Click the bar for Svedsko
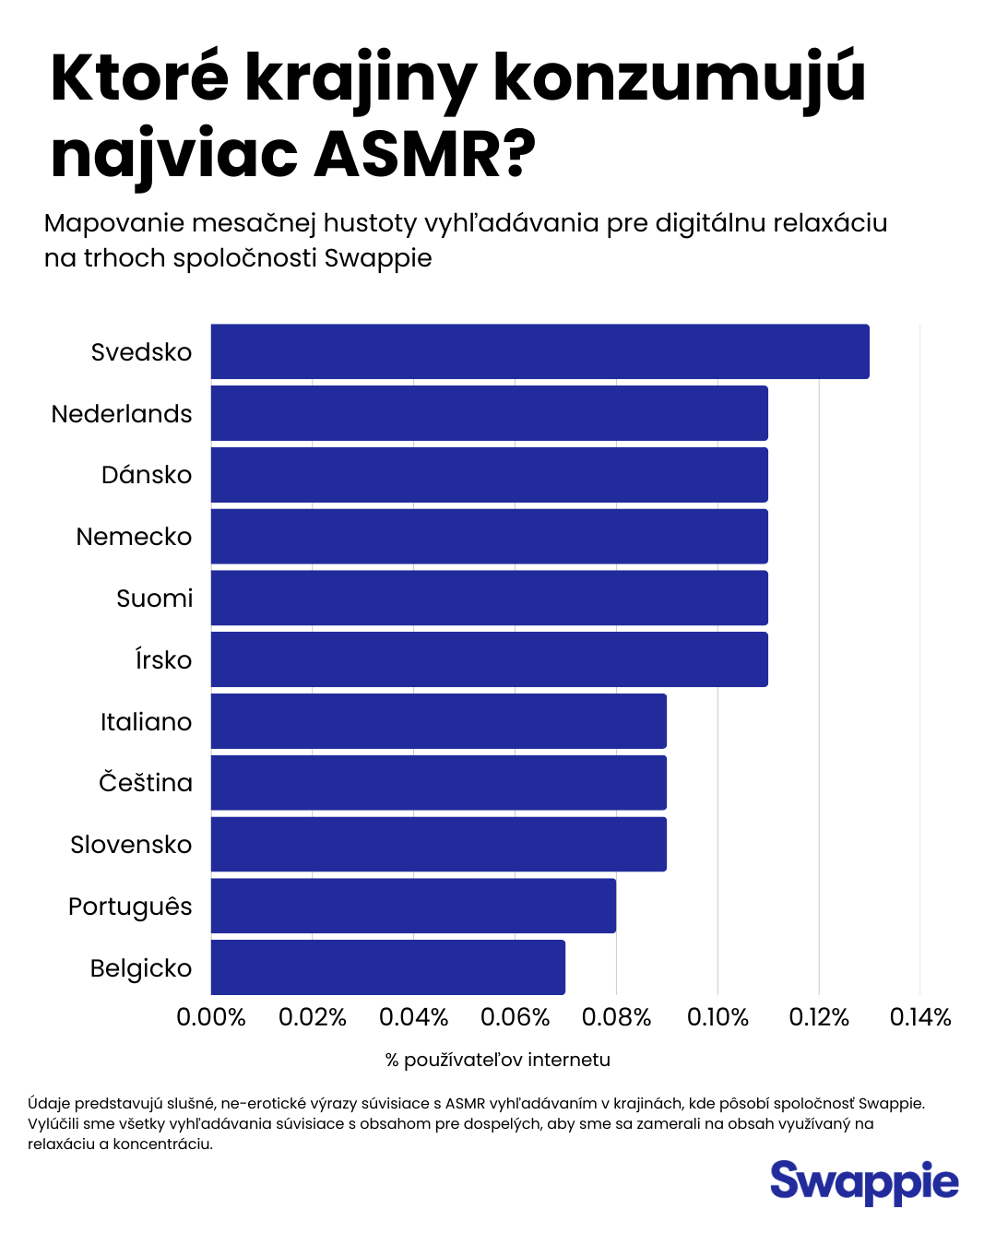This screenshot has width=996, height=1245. tap(539, 351)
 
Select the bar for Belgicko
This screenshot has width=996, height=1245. tap(387, 967)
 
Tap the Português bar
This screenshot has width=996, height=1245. tap(413, 906)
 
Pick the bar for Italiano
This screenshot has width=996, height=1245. tap(438, 721)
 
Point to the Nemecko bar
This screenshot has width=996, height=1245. tap(489, 537)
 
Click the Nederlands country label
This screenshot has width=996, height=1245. tap(122, 414)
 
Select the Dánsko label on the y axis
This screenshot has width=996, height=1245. tap(147, 475)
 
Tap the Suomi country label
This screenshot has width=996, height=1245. tap(154, 599)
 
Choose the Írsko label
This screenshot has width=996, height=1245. tap(163, 660)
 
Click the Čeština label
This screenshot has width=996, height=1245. tap(146, 783)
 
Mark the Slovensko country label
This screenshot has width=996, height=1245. tap(131, 845)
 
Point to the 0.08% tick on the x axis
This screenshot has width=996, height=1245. tap(616, 1017)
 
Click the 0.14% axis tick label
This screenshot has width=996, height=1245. tap(919, 1017)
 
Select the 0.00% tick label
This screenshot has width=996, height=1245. tap(211, 1017)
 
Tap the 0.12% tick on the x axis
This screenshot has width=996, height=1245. tap(819, 1017)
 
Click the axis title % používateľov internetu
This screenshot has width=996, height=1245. tap(498, 1060)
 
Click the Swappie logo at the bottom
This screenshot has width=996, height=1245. tap(864, 1182)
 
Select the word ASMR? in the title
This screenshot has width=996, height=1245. tap(425, 155)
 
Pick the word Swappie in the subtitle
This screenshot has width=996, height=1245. tap(378, 258)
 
